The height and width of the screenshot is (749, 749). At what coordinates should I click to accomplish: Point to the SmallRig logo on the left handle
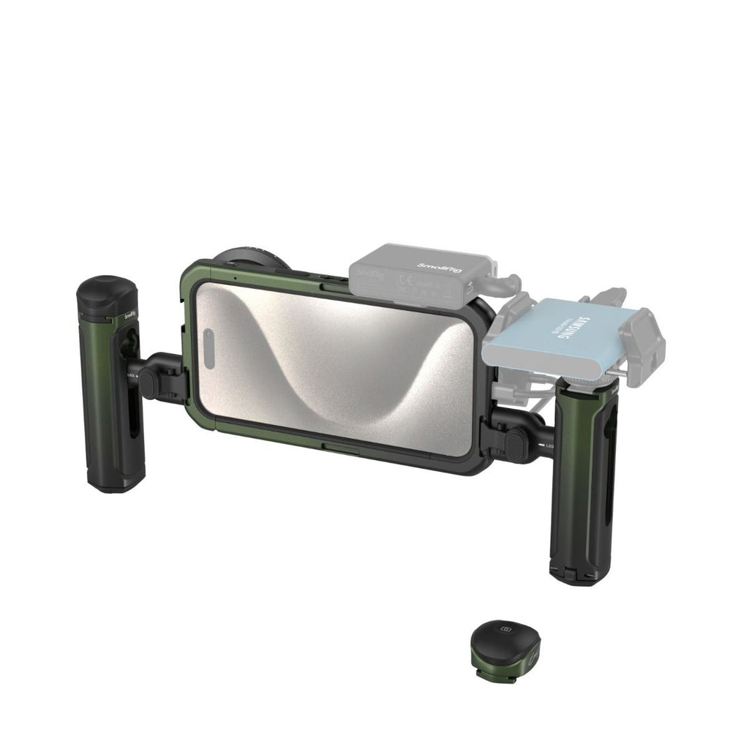pyautogui.click(x=130, y=315)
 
